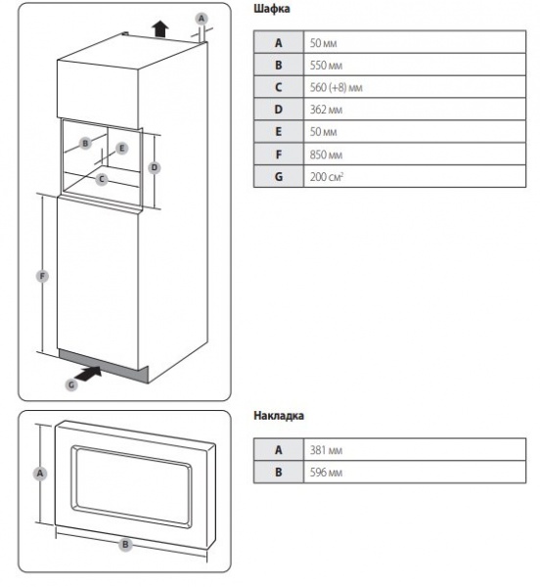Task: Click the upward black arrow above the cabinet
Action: [x=160, y=28]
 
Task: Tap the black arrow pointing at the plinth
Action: [x=88, y=374]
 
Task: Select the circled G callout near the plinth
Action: [x=71, y=384]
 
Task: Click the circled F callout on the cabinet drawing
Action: [x=42, y=276]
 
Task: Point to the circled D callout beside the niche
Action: [x=155, y=167]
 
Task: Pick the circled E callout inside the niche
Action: [x=121, y=149]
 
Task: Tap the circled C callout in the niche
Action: [x=101, y=179]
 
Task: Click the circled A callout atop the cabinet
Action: [x=202, y=19]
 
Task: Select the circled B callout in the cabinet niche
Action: [x=85, y=143]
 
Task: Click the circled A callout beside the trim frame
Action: [x=40, y=474]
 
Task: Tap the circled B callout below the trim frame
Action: [x=125, y=544]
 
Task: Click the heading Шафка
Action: [x=272, y=9]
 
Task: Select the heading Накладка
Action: [x=279, y=416]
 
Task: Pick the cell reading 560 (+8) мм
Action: [x=337, y=87]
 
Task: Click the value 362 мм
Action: [x=326, y=110]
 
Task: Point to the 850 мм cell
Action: [x=326, y=155]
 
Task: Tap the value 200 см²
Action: [x=327, y=176]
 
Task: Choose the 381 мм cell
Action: [x=326, y=450]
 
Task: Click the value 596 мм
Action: [x=326, y=473]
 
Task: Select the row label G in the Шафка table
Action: [x=279, y=176]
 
